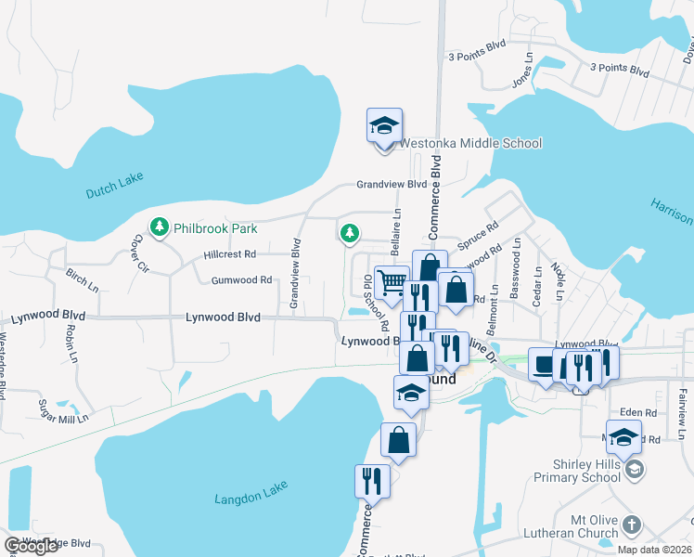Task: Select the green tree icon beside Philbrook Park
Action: click(160, 227)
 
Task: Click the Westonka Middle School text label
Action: click(469, 143)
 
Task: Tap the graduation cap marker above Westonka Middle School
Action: click(384, 127)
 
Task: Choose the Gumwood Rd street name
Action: click(241, 279)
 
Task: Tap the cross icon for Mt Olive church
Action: click(632, 525)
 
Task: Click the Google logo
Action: click(31, 546)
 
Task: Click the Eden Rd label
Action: click(637, 412)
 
